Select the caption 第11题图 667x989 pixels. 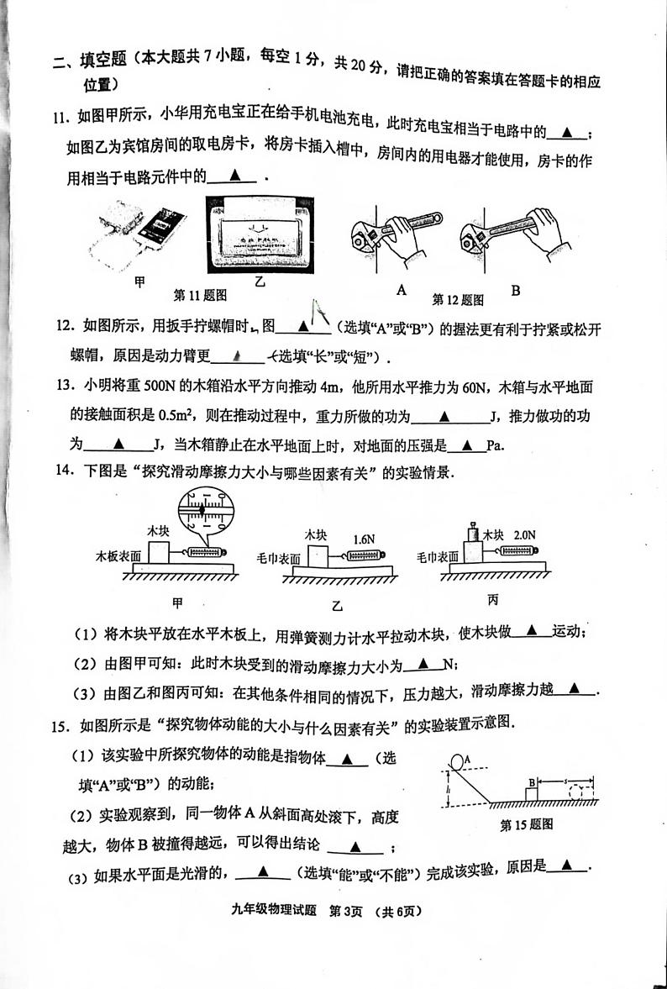200,295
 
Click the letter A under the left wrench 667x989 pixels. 401,290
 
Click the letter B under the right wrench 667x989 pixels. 515,291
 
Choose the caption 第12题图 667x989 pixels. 459,298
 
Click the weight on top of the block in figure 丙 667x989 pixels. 472,532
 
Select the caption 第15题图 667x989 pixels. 526,824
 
